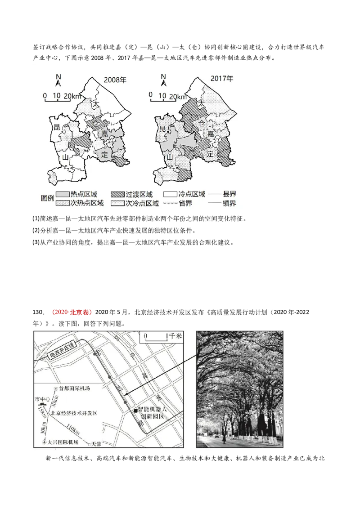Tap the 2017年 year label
pos(222,79)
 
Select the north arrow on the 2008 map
pos(58,80)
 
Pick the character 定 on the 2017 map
pos(210,154)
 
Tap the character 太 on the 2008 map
pos(95,104)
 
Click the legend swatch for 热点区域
pos(63,195)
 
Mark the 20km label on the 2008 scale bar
pos(72,96)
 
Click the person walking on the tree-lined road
pos(224,438)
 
